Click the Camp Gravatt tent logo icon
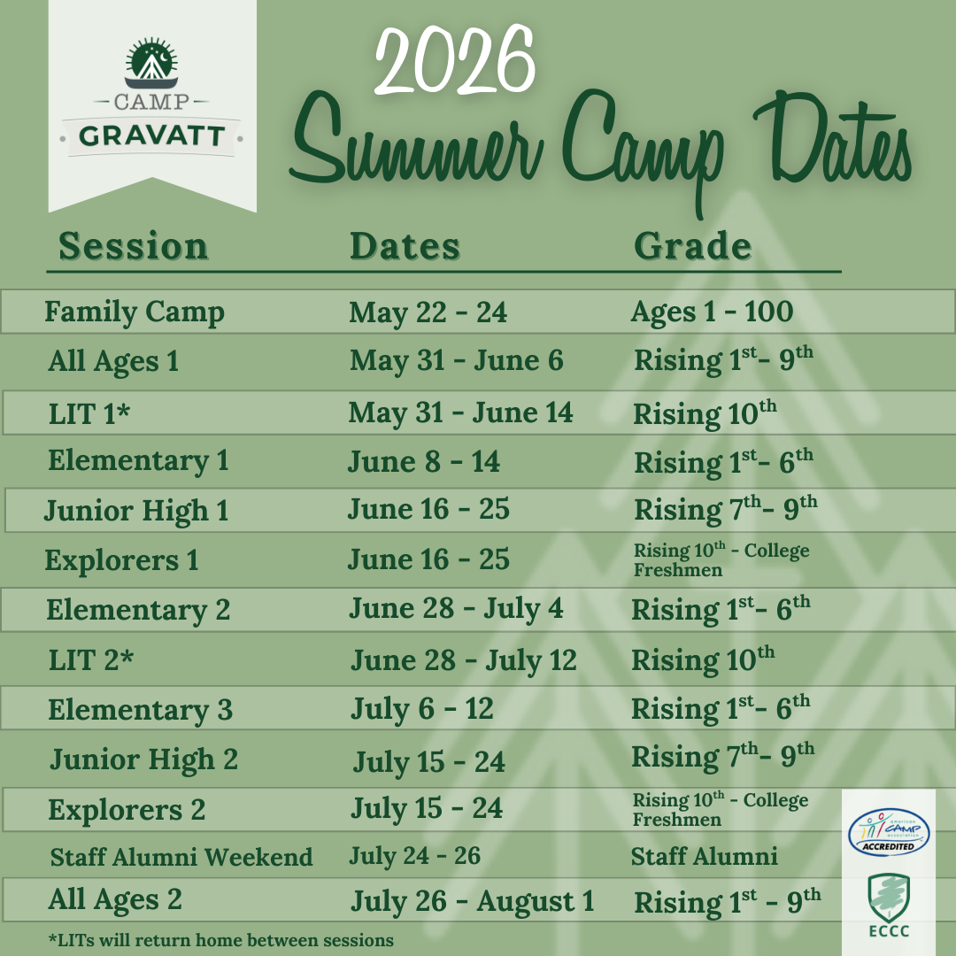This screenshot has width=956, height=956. tap(151, 64)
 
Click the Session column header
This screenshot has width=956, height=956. tap(134, 246)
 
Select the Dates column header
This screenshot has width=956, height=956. tap(405, 246)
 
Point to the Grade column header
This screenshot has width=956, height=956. tap(692, 246)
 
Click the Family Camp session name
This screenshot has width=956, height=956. tap(135, 312)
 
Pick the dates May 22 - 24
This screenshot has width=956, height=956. tap(428, 312)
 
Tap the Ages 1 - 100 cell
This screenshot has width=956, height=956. tap(712, 312)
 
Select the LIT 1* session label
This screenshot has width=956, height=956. tap(89, 414)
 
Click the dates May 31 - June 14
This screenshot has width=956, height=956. tap(461, 412)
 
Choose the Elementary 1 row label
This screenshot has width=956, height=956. tap(138, 461)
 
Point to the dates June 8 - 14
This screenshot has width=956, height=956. tap(424, 461)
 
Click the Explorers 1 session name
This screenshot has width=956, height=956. tap(122, 560)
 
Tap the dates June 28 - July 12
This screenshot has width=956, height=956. tap(464, 661)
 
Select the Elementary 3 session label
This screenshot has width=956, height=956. tap(140, 710)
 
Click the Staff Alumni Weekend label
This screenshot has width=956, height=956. tap(181, 857)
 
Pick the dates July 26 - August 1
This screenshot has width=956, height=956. tap(473, 902)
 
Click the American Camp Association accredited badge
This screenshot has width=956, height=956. tap(889, 832)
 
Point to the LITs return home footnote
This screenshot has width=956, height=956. tap(221, 940)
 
